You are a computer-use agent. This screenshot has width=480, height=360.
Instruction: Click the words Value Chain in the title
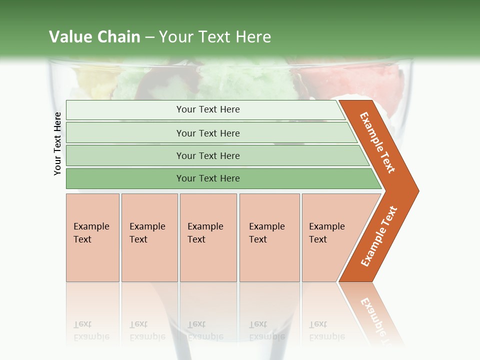[94, 37]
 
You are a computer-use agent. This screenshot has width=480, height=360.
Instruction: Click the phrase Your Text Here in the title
[215, 37]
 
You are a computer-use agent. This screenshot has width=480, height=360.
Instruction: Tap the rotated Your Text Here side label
[58, 143]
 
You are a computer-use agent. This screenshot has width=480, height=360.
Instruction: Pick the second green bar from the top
[208, 133]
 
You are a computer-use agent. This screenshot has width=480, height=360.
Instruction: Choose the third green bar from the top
[208, 155]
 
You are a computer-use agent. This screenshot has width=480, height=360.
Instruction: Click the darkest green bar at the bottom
[208, 178]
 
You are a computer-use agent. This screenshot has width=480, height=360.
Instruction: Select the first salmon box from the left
[92, 237]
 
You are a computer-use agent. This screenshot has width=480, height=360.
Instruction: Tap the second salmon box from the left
[149, 237]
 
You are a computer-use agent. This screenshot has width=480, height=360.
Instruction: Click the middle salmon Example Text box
[208, 237]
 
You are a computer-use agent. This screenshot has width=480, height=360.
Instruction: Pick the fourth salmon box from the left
[269, 237]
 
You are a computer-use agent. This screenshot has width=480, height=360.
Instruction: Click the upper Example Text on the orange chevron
[377, 142]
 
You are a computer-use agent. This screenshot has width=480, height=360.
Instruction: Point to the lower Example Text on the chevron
[379, 236]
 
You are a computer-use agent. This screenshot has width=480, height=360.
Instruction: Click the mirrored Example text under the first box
[91, 330]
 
